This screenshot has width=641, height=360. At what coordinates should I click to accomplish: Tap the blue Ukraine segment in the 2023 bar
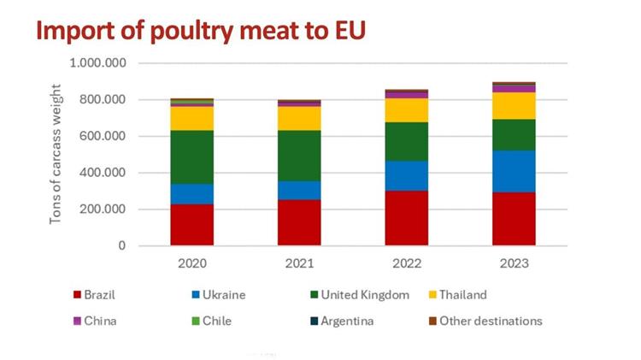(514, 171)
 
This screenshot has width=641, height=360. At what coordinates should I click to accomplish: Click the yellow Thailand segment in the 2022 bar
(407, 110)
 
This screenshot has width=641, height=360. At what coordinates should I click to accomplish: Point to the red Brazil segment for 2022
(407, 218)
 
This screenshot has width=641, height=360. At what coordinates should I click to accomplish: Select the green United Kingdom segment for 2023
(514, 134)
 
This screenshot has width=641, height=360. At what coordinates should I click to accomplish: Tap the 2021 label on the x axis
(299, 263)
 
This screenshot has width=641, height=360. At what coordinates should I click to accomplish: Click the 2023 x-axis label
(514, 263)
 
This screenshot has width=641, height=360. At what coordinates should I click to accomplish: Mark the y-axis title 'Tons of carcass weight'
(56, 154)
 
